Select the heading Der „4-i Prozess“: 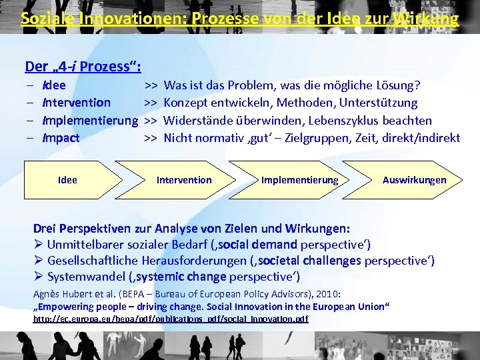tap(83, 66)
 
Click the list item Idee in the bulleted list tap(54, 85)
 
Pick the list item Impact tap(61, 138)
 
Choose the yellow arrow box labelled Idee tap(67, 180)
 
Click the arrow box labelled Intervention tap(184, 180)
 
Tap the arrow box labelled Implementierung tap(299, 180)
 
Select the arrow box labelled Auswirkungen tap(414, 180)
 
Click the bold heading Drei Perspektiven tap(83, 227)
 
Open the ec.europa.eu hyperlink tap(171, 319)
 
